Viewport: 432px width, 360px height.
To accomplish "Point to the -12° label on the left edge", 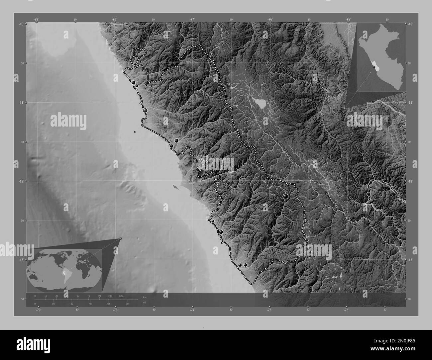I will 21,181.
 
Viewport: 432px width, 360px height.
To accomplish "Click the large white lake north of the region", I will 260,103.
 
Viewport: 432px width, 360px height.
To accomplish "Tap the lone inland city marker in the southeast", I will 285,197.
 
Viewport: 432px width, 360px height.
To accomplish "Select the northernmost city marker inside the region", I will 136,56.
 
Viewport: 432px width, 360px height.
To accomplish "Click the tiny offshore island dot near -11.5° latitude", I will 135,132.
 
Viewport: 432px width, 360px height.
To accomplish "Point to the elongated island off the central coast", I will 175,188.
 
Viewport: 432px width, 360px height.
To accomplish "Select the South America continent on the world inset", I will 65,273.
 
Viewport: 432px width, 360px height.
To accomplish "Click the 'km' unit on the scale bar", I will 144,297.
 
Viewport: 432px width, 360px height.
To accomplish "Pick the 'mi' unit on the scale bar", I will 144,302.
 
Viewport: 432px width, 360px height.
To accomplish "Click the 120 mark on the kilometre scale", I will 121,296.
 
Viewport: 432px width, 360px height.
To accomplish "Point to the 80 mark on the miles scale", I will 127,304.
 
